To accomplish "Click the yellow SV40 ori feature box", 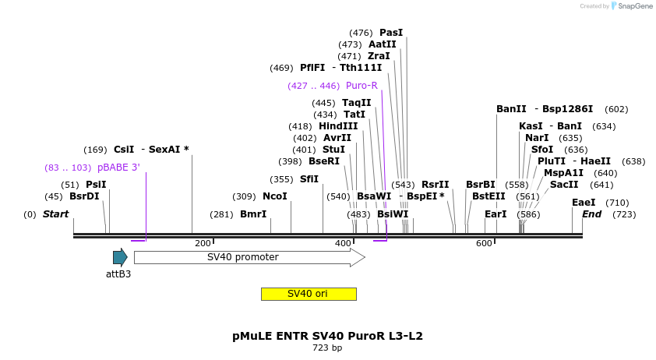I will pyautogui.click(x=309, y=294).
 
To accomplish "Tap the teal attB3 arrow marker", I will pyautogui.click(x=120, y=257).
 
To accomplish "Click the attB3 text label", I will pyautogui.click(x=118, y=274).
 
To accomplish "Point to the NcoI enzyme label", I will pyautogui.click(x=274, y=196).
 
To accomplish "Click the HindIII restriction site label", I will pyautogui.click(x=338, y=126).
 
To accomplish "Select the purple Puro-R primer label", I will pyautogui.click(x=362, y=86).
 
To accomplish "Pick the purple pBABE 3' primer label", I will pyautogui.click(x=118, y=168).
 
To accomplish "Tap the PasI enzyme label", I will pyautogui.click(x=391, y=33).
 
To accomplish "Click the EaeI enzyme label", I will pyautogui.click(x=584, y=203).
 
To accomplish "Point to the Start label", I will pyautogui.click(x=55, y=214).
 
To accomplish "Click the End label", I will pyautogui.click(x=592, y=214).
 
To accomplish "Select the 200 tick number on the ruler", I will pyautogui.click(x=203, y=244).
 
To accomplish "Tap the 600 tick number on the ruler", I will pyautogui.click(x=484, y=244).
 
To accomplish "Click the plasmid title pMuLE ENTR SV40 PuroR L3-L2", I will pyautogui.click(x=327, y=336).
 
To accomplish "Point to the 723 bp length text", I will pyautogui.click(x=327, y=348).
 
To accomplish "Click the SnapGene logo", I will pyautogui.click(x=632, y=6).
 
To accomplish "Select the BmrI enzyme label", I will pyautogui.click(x=253, y=214).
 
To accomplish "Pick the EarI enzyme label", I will pyautogui.click(x=496, y=214).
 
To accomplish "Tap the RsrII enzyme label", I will pyautogui.click(x=436, y=185).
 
